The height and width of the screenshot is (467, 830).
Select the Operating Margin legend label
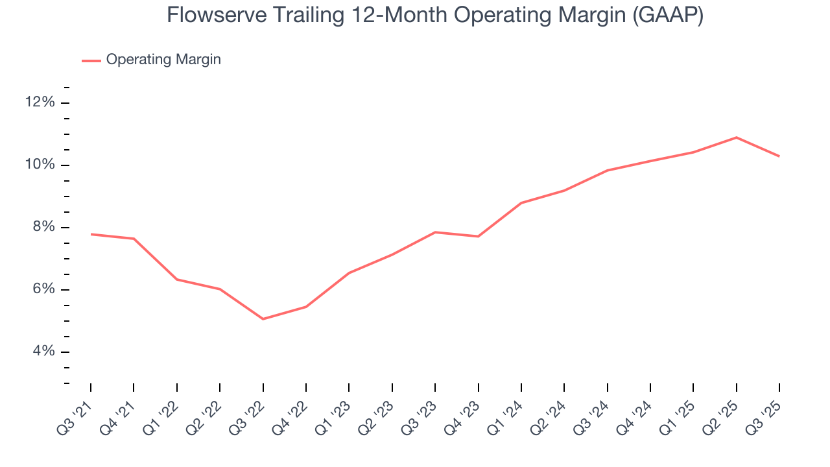[x=163, y=60]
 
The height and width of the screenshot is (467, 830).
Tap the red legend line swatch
[x=91, y=60]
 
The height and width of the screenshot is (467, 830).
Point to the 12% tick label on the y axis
[x=40, y=102]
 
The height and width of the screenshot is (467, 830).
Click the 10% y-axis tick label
[x=40, y=165]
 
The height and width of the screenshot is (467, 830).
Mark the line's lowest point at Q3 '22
[x=263, y=319]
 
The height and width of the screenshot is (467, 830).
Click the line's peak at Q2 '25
[x=736, y=138]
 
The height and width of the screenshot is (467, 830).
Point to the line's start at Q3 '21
[x=91, y=234]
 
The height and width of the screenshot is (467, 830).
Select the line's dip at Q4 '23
[x=478, y=236]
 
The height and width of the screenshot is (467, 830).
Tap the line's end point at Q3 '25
[x=779, y=156]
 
